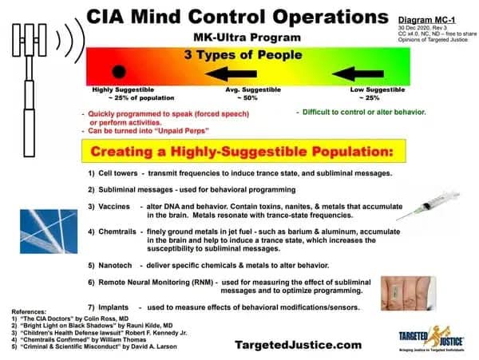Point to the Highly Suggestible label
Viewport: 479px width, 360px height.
119,91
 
